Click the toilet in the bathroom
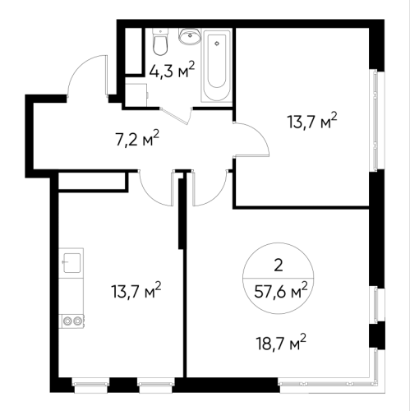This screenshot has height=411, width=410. pyautogui.click(x=160, y=42)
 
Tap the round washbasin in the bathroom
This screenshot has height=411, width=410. pyautogui.click(x=189, y=36)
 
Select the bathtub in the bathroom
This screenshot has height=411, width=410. pyautogui.click(x=217, y=66)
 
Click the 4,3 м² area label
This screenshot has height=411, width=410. pyautogui.click(x=172, y=70)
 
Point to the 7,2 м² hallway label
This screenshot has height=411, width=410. pyautogui.click(x=137, y=139)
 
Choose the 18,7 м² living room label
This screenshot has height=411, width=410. pyautogui.click(x=281, y=343)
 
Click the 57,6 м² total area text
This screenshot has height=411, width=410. pyautogui.click(x=281, y=291)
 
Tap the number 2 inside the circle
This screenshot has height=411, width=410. pyautogui.click(x=279, y=266)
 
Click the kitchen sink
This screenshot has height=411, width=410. pyautogui.click(x=71, y=263)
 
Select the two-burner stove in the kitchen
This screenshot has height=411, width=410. pyautogui.click(x=72, y=320)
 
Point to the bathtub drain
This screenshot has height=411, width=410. pyautogui.click(x=217, y=44)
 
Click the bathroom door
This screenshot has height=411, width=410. pyautogui.click(x=176, y=117)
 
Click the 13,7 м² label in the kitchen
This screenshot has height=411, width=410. pyautogui.click(x=136, y=290)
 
